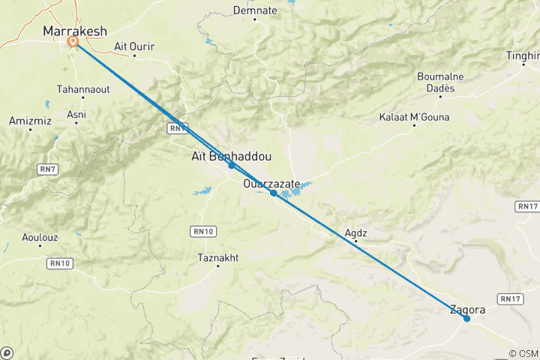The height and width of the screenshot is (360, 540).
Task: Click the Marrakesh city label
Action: pos(75,31)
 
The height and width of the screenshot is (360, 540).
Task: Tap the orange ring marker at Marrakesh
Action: pos(73,42)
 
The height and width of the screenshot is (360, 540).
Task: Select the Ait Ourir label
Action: pos(134,46)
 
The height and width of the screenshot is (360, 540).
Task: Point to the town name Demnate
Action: pos(255,10)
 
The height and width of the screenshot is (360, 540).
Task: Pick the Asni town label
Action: pos(76,114)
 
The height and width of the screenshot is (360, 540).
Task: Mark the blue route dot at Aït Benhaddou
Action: pos(232,165)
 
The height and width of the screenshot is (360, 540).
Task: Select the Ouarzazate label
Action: pos(271,183)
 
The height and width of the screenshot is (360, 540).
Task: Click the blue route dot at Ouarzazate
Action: pos(274,193)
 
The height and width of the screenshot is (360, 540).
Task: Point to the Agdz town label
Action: pos(355,232)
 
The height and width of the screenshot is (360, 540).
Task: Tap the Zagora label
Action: pos(467,309)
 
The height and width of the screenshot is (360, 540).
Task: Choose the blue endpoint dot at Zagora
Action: pos(466,319)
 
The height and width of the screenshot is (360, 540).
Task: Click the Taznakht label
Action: pos(217,257)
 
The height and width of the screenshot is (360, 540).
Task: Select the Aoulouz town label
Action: pos(35,238)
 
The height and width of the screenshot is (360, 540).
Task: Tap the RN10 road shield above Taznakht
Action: pos(201,230)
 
